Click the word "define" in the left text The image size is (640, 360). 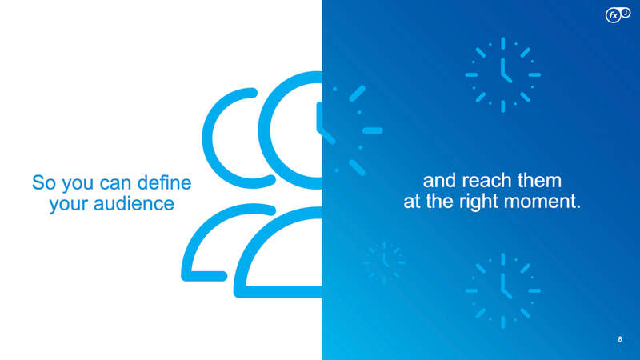[x=164, y=182]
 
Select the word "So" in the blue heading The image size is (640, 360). [x=45, y=182]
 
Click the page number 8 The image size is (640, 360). [x=619, y=338]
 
